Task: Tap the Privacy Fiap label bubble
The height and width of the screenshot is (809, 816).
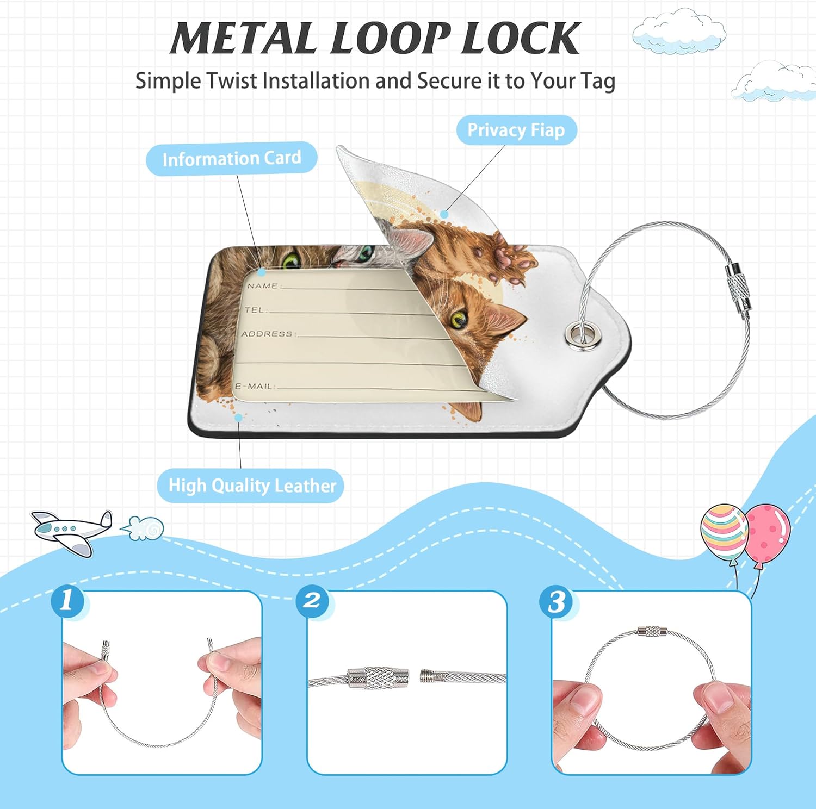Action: pyautogui.click(x=516, y=130)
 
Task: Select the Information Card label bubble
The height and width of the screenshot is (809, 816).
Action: pyautogui.click(x=232, y=158)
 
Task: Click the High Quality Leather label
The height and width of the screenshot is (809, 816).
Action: pyautogui.click(x=251, y=486)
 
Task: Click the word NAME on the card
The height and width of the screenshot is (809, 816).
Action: pyautogui.click(x=262, y=285)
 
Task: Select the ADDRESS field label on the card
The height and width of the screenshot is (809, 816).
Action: pyautogui.click(x=267, y=334)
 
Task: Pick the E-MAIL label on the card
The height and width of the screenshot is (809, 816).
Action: pyautogui.click(x=254, y=386)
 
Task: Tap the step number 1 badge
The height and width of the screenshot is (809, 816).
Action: pyautogui.click(x=68, y=601)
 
